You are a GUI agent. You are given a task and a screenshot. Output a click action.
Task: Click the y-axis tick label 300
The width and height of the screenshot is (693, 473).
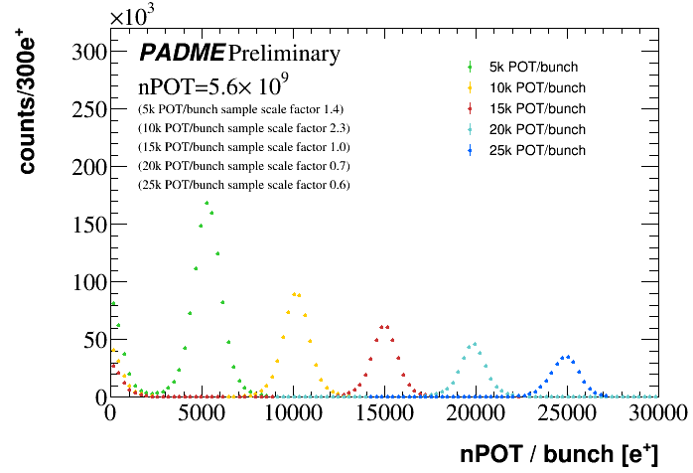click(x=84, y=53)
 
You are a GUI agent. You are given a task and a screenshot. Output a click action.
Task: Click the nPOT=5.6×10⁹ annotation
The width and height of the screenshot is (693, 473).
click(x=214, y=85)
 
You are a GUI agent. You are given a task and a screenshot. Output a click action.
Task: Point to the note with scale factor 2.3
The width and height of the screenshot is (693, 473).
click(x=243, y=128)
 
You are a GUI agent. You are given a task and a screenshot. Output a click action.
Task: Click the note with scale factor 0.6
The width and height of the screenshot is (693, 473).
click(x=243, y=185)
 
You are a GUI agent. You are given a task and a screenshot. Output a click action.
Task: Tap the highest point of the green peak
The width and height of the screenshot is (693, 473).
click(x=207, y=203)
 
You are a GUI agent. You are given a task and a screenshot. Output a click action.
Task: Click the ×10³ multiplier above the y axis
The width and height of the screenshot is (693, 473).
click(x=137, y=16)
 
